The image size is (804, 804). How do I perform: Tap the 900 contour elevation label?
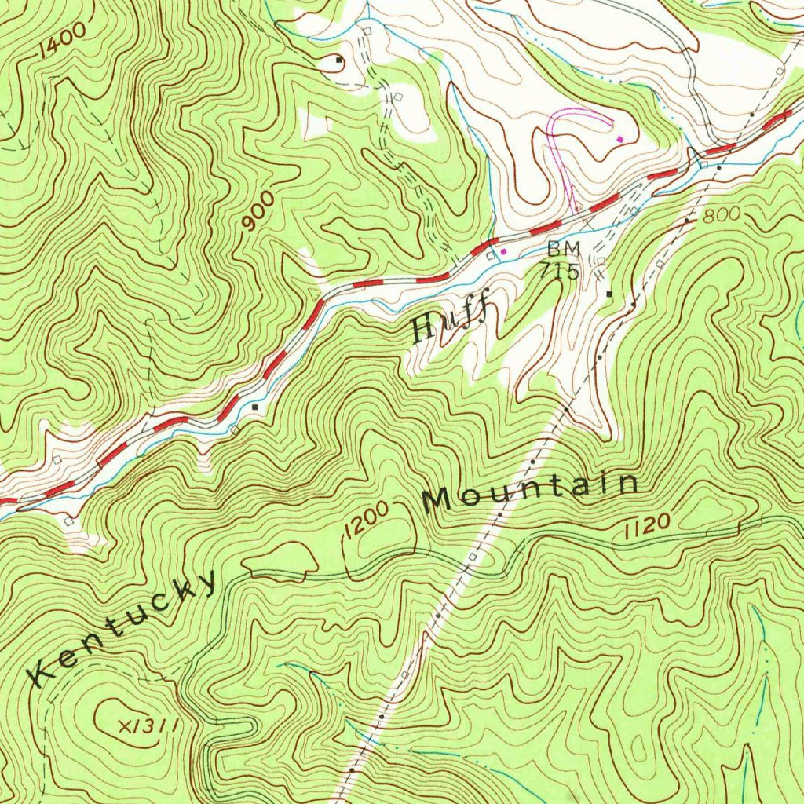click(x=258, y=213)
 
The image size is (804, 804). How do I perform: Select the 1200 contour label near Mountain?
click(x=365, y=520)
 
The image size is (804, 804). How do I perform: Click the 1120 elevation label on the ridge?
click(x=646, y=528)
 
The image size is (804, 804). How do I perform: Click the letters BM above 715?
click(x=564, y=249)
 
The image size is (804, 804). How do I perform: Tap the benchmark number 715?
click(x=559, y=272)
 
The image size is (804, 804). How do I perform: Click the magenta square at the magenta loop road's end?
click(x=620, y=139)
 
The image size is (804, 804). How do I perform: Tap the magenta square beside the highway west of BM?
click(x=504, y=251)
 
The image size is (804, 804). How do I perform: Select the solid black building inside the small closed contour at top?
click(x=339, y=60)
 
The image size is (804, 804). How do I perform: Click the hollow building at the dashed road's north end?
click(x=367, y=30)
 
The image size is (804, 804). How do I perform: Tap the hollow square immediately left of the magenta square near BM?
click(x=492, y=254)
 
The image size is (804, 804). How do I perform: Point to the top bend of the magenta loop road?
click(x=581, y=111)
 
